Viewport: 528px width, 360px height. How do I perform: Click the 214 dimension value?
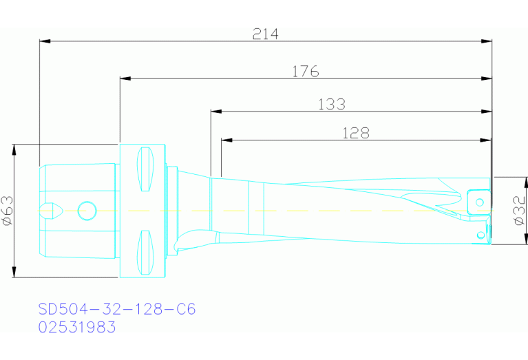[x=265, y=34]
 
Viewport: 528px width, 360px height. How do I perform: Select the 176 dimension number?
[x=305, y=70]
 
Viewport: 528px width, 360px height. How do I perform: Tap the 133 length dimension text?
[x=332, y=104]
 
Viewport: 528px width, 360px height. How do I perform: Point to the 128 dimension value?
[x=356, y=133]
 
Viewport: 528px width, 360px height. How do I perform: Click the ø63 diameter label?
[x=8, y=210]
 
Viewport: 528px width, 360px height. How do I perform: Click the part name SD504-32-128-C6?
[x=117, y=309]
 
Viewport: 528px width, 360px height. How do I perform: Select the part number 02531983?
[x=77, y=326]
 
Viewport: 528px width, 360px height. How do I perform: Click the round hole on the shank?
[x=87, y=210]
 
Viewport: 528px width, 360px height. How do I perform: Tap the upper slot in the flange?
[x=145, y=170]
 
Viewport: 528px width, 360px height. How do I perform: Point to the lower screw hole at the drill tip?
[x=479, y=235]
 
